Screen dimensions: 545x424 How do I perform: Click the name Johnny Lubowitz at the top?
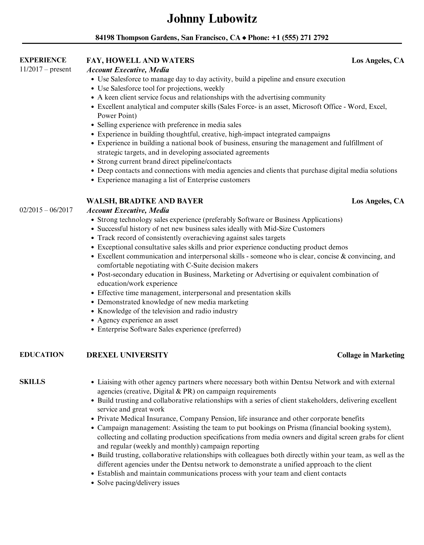point(212,19)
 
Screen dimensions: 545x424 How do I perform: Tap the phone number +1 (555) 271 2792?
point(300,38)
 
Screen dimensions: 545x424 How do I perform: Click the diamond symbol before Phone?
point(244,38)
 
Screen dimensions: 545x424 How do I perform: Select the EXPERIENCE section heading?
point(43,60)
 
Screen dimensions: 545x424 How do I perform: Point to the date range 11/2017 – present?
point(45,69)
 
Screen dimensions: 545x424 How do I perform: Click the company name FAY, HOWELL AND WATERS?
point(140,61)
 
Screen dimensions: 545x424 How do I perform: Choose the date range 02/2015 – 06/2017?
point(46,210)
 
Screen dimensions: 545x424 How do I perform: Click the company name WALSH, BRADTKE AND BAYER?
point(145,201)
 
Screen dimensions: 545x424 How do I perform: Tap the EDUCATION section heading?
point(42,355)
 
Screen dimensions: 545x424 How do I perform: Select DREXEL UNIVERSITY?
point(127,355)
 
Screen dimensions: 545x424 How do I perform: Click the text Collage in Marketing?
point(370,355)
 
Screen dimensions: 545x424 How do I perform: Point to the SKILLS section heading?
point(32,382)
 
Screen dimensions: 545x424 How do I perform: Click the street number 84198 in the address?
point(105,38)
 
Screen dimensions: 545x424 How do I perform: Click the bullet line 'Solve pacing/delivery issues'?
point(138,483)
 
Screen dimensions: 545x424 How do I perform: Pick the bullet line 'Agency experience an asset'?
point(138,320)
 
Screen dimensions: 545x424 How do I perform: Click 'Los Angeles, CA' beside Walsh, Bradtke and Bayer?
point(378,201)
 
